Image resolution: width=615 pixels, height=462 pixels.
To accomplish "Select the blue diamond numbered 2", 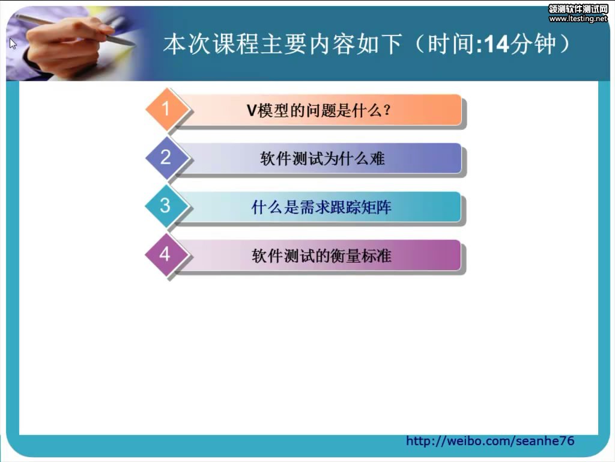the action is click(x=166, y=158).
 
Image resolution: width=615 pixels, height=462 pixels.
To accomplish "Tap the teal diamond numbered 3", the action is click(x=166, y=206).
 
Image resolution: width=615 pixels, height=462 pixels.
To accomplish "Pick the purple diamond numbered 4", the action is click(x=166, y=254).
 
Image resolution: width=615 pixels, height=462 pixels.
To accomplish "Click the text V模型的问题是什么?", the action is click(x=319, y=111).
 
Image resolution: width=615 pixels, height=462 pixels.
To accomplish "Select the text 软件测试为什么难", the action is click(x=322, y=159).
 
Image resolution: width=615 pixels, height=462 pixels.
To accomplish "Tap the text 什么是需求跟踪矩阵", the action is click(x=321, y=207).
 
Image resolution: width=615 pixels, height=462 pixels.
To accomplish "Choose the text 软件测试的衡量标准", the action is click(x=321, y=256).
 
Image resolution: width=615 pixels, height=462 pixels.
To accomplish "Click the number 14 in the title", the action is click(x=497, y=44).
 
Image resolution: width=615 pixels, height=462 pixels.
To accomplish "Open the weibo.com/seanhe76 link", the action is click(x=490, y=441).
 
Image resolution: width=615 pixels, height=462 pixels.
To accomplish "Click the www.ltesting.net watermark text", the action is click(x=578, y=19).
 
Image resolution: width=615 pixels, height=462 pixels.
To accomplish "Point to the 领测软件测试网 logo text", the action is click(x=578, y=9).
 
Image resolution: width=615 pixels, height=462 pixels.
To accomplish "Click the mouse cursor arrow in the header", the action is click(x=13, y=43).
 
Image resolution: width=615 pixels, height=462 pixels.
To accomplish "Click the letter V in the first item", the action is click(x=252, y=111).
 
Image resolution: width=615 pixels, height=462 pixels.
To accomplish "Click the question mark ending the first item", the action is click(x=387, y=111).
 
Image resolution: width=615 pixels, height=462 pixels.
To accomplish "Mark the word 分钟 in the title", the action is click(x=533, y=43).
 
